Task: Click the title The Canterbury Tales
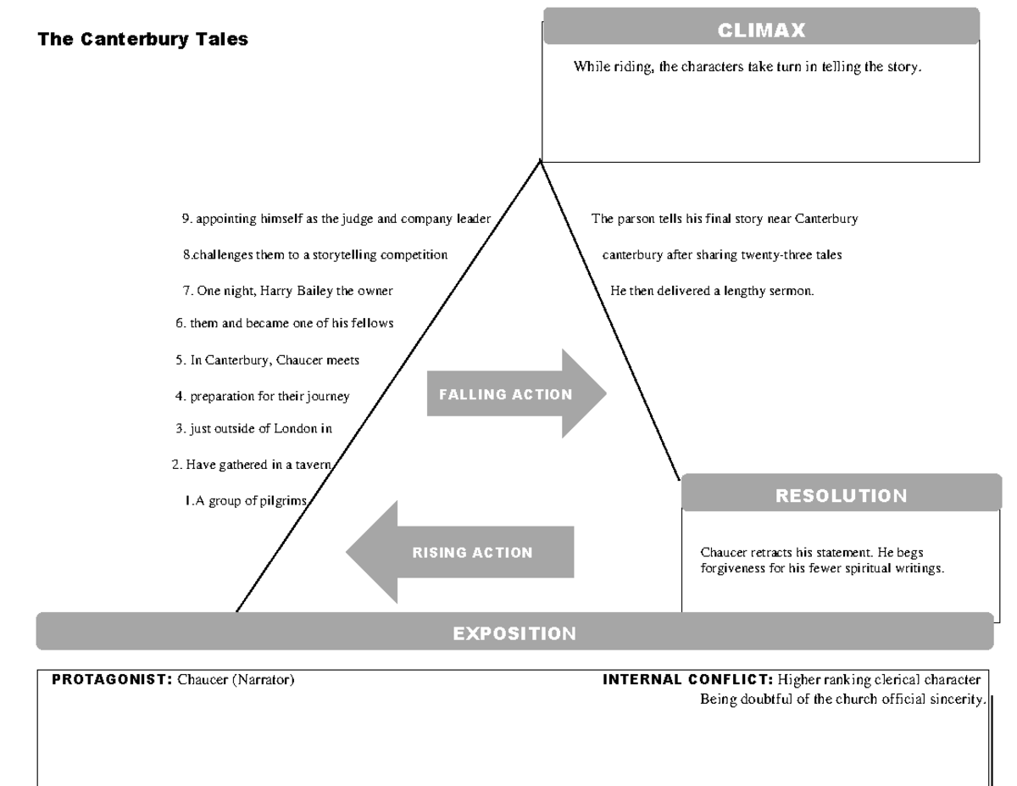(142, 39)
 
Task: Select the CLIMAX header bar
(761, 30)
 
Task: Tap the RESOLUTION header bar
(841, 495)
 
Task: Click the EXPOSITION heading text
(514, 633)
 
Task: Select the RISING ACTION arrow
(462, 553)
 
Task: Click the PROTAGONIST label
(112, 679)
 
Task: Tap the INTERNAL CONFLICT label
(687, 679)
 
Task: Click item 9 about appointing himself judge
(336, 219)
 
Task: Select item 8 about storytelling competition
(315, 254)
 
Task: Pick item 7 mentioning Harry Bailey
(288, 291)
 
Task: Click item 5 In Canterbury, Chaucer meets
(268, 360)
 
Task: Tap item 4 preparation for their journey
(263, 396)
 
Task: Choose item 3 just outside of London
(254, 428)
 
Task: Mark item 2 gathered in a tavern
(251, 464)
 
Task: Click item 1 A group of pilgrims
(246, 500)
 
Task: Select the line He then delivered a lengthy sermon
(712, 291)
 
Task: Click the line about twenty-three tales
(722, 254)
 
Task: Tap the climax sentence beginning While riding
(747, 67)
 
